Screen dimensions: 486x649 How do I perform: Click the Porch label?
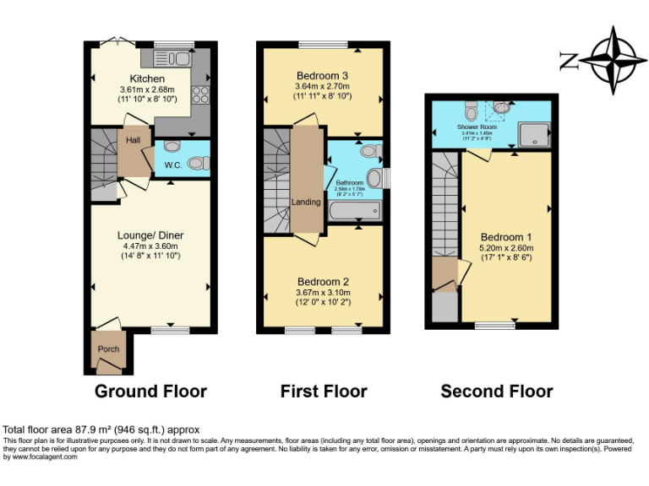tap(108, 349)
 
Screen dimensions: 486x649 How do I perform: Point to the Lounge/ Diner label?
tap(150, 235)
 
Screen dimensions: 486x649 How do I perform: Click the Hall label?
tap(133, 140)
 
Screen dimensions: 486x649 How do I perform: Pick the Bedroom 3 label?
tap(322, 76)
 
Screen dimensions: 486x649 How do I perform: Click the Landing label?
tap(306, 202)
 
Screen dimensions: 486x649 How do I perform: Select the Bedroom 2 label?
tap(323, 282)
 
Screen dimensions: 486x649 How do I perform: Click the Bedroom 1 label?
tap(507, 237)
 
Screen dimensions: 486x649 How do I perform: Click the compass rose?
tap(614, 59)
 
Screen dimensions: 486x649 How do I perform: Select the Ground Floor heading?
tap(150, 391)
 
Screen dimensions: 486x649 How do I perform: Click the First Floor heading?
tap(324, 391)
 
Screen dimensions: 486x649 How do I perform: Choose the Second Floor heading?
tap(497, 391)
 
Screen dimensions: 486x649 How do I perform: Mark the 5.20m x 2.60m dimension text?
tap(507, 249)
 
